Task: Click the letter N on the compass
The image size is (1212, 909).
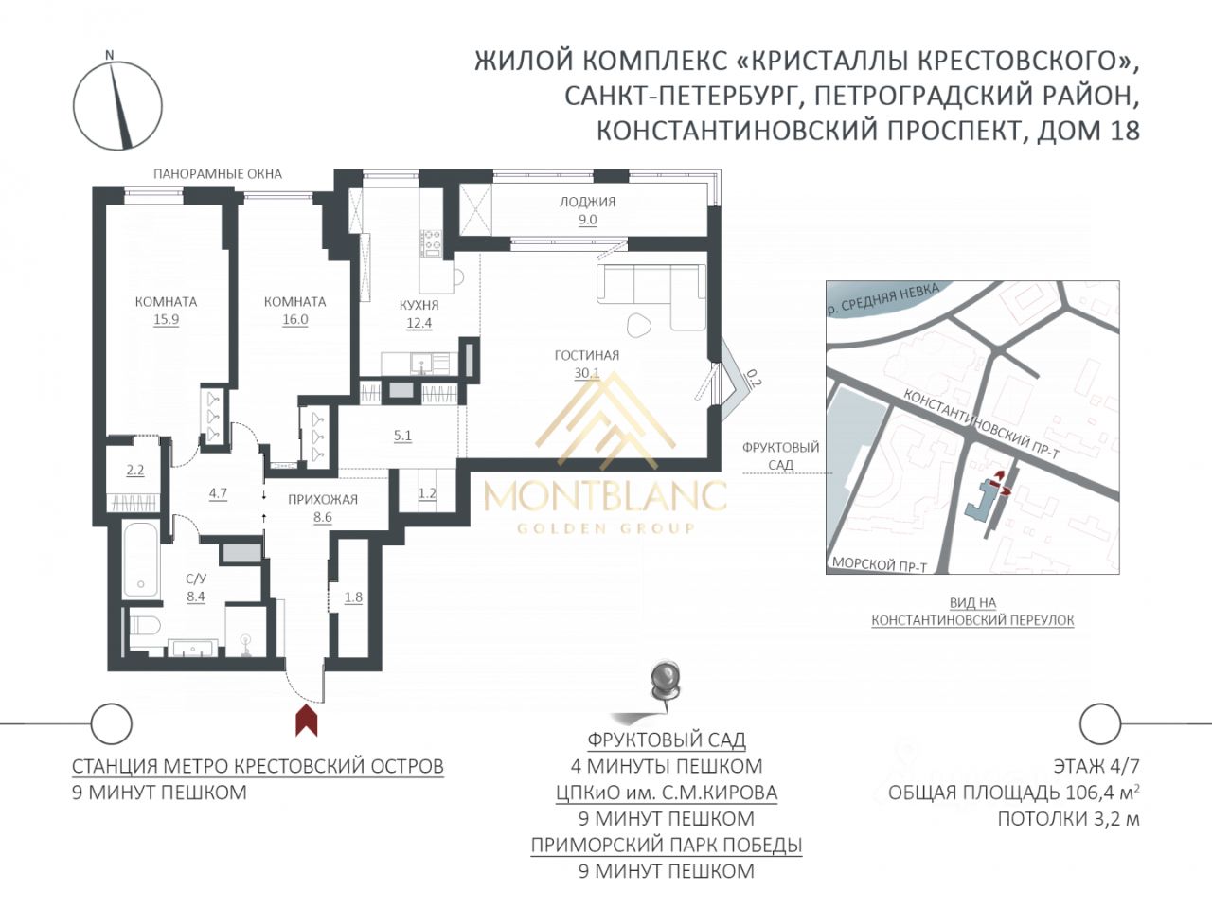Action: click(x=109, y=55)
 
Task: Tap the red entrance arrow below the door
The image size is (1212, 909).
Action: click(x=307, y=721)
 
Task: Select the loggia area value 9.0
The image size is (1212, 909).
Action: click(x=587, y=220)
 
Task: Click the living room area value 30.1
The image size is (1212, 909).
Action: click(x=586, y=373)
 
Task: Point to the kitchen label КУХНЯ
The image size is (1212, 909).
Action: click(x=419, y=305)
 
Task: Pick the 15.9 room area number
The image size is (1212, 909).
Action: click(x=167, y=319)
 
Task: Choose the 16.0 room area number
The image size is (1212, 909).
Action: click(x=295, y=319)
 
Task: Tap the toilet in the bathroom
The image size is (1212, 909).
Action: click(x=145, y=625)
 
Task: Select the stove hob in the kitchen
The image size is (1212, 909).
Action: click(x=431, y=243)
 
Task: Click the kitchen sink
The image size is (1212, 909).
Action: click(x=422, y=364)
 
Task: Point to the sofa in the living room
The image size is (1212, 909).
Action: click(x=652, y=297)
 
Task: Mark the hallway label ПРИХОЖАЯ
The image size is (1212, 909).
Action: click(x=323, y=500)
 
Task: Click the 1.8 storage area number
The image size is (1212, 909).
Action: click(x=353, y=597)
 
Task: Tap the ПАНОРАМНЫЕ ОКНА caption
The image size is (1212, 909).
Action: click(x=218, y=174)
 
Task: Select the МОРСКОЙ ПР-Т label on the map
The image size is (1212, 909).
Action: click(x=880, y=564)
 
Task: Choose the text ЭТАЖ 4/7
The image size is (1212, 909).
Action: click(x=1096, y=766)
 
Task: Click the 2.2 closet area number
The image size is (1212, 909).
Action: click(x=135, y=471)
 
